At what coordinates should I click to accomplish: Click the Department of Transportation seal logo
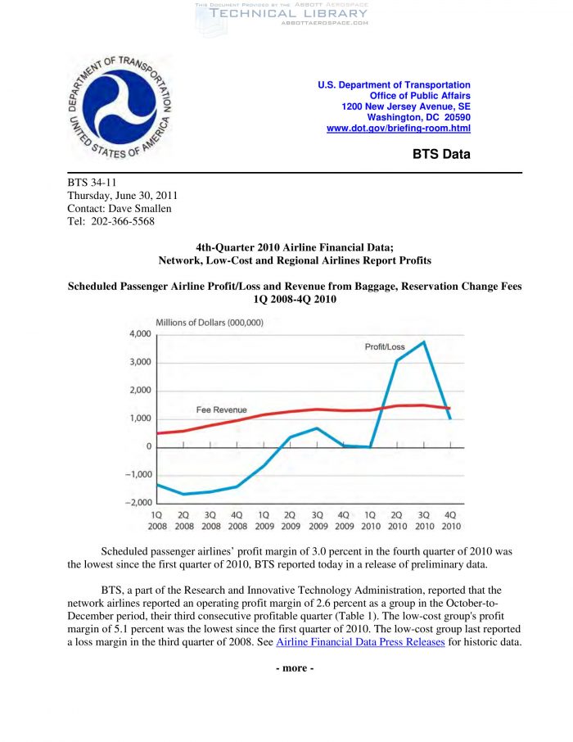click(120, 108)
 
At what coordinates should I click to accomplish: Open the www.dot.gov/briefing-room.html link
click(398, 129)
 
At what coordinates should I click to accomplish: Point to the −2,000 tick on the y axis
click(136, 502)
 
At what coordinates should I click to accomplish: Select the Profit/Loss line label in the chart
click(384, 347)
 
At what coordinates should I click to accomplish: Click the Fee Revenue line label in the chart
click(221, 409)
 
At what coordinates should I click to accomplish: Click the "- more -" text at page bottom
click(294, 668)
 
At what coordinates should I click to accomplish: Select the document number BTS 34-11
click(92, 183)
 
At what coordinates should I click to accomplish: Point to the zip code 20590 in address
click(455, 117)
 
